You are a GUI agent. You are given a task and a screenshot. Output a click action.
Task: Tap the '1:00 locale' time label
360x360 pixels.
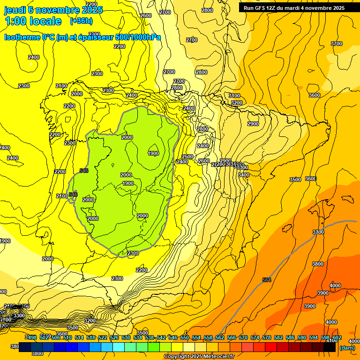(x=33, y=21)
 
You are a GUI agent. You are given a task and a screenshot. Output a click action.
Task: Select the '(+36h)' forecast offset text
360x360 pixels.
(x=81, y=21)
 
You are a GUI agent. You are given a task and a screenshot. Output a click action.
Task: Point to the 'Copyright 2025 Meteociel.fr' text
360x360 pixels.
(x=199, y=356)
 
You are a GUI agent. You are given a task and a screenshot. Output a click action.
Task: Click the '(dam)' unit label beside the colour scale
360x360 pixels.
(x=347, y=348)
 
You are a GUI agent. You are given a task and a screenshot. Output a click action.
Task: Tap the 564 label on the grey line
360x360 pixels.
(x=267, y=280)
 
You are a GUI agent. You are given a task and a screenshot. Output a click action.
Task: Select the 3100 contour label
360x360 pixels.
(x=234, y=96)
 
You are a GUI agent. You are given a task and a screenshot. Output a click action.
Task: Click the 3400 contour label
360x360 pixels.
(x=244, y=175)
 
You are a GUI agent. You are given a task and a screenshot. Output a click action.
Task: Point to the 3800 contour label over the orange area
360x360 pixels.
(x=317, y=264)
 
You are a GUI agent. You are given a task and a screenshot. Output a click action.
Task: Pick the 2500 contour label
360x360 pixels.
(x=187, y=157)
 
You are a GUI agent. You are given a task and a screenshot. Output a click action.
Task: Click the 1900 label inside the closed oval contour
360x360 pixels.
(x=153, y=153)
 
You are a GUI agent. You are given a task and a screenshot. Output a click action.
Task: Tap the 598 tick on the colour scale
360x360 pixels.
(x=325, y=337)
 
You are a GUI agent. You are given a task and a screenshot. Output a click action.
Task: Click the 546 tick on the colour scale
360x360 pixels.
(x=172, y=337)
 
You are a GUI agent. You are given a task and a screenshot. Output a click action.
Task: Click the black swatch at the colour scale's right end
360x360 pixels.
(x=330, y=347)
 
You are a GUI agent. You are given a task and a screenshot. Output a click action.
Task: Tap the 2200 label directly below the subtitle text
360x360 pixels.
(x=120, y=46)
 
